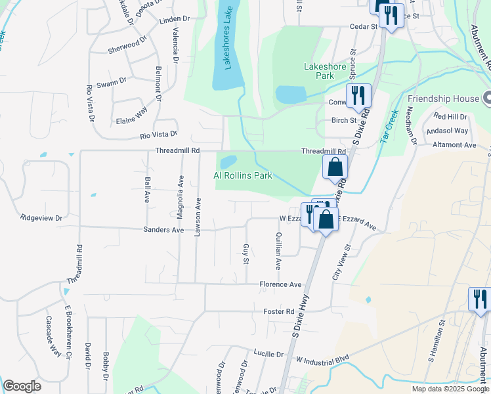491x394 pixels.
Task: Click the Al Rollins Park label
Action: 243,175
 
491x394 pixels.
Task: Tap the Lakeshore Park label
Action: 320,71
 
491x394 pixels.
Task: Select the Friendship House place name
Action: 444,99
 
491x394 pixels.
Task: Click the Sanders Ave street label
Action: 163,230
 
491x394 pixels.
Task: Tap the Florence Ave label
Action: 280,284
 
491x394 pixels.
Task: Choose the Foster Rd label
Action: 278,311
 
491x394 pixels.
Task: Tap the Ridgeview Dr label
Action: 41,217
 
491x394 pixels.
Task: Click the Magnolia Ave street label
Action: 180,198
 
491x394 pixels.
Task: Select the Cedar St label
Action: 364,27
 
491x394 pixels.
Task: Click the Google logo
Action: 22,386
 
